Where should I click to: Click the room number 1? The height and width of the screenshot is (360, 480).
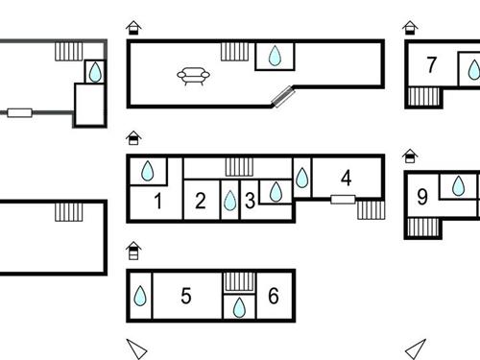[157, 202]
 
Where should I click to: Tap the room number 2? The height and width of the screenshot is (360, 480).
[200, 202]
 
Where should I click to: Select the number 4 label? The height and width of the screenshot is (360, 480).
[346, 178]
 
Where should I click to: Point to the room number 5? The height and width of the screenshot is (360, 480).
[186, 296]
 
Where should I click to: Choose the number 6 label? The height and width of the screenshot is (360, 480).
[274, 296]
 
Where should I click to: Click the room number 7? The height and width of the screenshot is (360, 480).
[432, 65]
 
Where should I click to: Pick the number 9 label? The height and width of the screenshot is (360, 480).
[422, 198]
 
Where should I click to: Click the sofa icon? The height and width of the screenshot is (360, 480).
[193, 75]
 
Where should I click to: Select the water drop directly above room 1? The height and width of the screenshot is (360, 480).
[148, 171]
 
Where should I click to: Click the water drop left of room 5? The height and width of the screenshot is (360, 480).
[140, 297]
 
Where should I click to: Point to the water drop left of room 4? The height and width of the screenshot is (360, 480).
[301, 178]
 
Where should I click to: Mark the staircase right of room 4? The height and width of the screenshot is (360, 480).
[370, 208]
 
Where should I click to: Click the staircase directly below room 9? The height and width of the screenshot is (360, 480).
[420, 228]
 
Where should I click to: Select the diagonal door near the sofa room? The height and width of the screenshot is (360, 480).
[284, 95]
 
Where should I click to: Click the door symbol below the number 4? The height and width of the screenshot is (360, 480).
[343, 199]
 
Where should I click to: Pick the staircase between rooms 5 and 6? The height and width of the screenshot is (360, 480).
[238, 280]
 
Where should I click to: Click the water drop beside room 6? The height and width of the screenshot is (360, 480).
[238, 307]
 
